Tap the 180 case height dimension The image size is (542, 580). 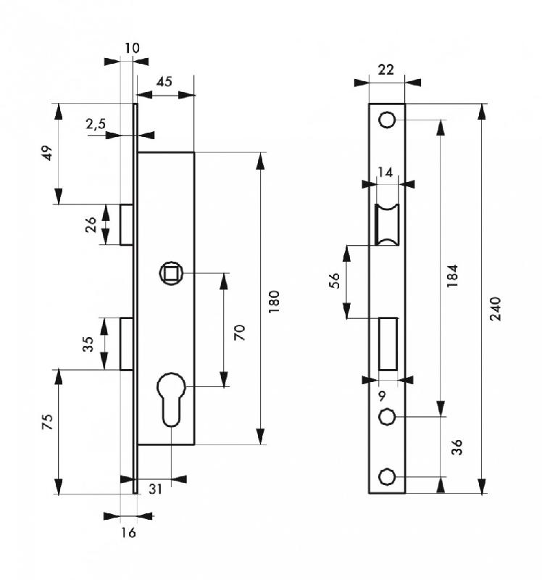click(274, 299)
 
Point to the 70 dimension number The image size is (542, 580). click(240, 332)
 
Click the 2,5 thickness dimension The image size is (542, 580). click(96, 124)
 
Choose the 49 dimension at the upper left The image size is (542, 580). click(47, 153)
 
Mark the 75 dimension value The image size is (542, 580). click(47, 423)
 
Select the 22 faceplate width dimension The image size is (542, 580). click(386, 70)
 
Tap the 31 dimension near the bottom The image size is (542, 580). click(155, 489)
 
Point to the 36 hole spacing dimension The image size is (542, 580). click(456, 447)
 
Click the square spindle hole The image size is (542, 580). click(172, 273)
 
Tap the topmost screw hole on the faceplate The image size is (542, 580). click(388, 120)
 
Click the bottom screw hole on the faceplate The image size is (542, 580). click(388, 476)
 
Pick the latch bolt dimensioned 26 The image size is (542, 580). click(127, 224)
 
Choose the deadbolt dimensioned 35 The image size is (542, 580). click(127, 344)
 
